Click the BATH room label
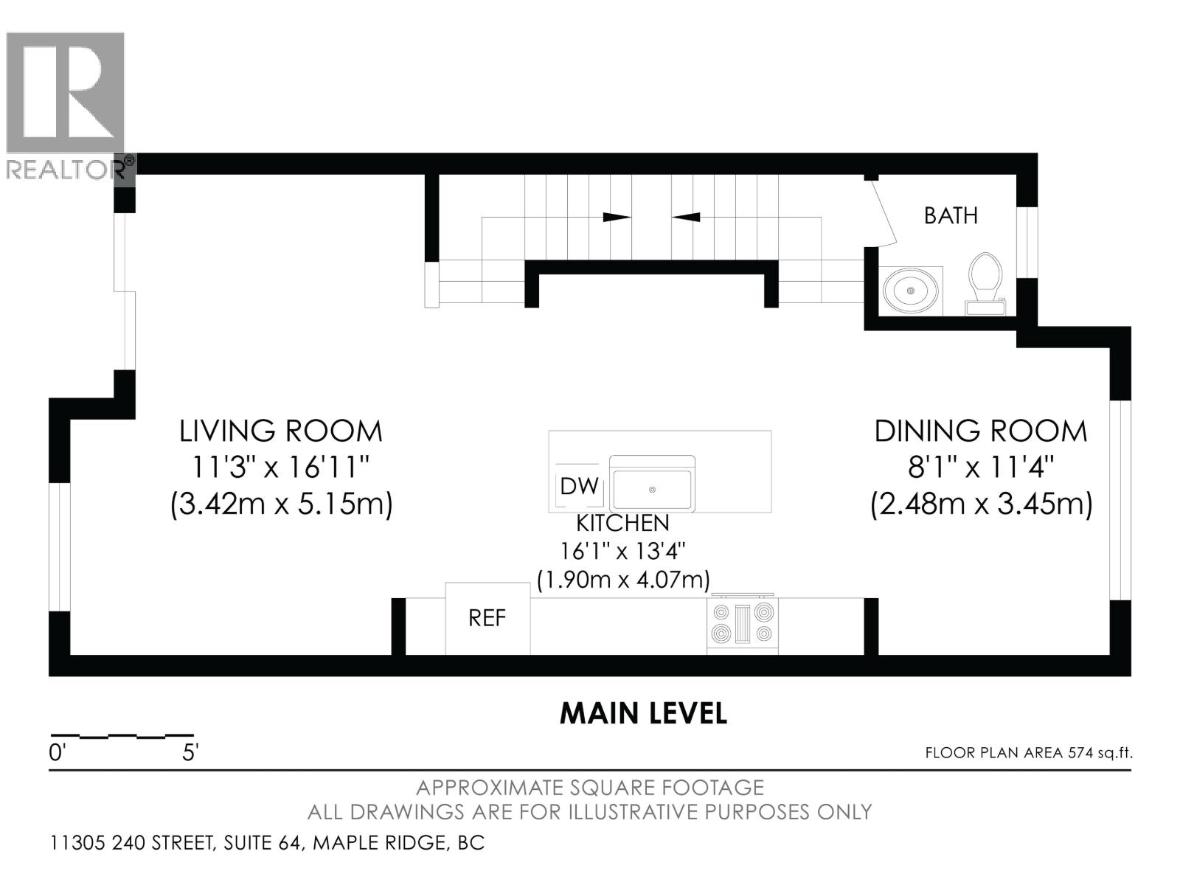(x=951, y=215)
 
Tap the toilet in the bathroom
(x=985, y=284)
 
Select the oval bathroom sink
(x=910, y=291)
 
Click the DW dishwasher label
(x=579, y=486)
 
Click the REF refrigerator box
(x=487, y=619)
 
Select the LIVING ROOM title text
(x=281, y=431)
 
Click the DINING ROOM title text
(x=981, y=431)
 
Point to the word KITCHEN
(x=622, y=523)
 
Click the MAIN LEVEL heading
(x=643, y=713)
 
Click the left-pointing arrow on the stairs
(x=686, y=217)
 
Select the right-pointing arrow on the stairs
(x=617, y=217)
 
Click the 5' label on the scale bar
(x=190, y=753)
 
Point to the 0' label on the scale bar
(x=57, y=753)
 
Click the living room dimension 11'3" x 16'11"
(x=281, y=467)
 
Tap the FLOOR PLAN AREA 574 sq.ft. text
(x=1028, y=753)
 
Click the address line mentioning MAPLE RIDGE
(x=267, y=842)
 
